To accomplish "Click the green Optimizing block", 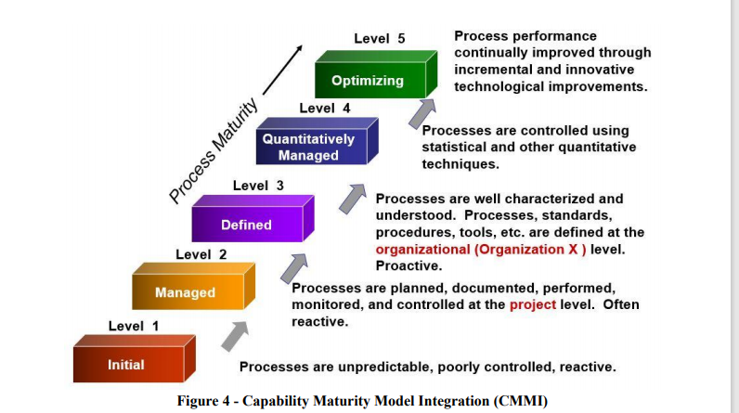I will coord(368,80).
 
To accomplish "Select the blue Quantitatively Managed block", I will coord(308,148).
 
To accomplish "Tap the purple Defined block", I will coord(246,225).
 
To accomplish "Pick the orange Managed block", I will coord(185,292).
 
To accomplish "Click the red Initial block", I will coord(126,365).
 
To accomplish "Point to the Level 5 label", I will coord(380,39).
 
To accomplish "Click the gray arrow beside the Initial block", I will coord(236,336).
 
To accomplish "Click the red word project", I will coord(532,304).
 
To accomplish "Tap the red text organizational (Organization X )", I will coord(481,249).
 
